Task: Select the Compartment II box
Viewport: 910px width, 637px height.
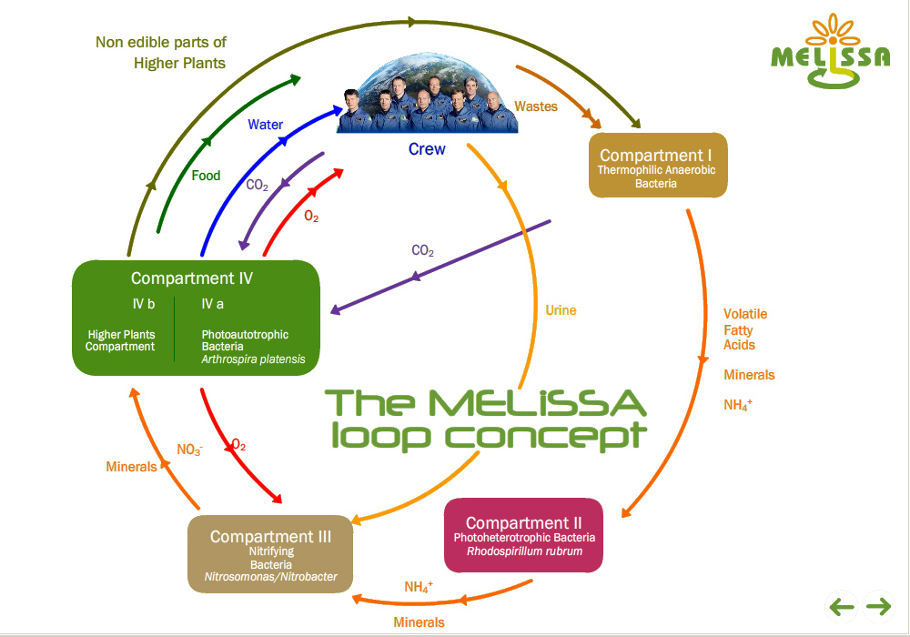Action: (523, 535)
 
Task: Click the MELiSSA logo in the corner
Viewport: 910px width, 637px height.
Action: (830, 53)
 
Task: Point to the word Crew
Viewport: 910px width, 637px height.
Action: (427, 148)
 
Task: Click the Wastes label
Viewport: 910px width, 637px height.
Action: (536, 106)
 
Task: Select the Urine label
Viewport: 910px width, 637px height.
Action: (561, 310)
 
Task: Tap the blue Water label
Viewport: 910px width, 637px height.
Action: (265, 125)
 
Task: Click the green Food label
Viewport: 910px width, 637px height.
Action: (206, 176)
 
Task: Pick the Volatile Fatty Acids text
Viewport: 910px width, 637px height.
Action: (745, 329)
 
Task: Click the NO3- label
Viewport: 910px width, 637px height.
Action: (189, 449)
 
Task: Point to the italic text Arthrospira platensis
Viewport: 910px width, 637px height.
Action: (253, 359)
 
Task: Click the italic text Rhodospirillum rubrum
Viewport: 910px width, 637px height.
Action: (524, 551)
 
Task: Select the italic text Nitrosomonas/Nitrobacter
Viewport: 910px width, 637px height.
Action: (270, 577)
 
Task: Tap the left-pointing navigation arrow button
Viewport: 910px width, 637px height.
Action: (841, 606)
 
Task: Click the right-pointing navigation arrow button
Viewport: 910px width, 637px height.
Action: (878, 606)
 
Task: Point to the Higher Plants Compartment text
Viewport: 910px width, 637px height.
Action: (121, 340)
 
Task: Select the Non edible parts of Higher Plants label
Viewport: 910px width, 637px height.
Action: (162, 52)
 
